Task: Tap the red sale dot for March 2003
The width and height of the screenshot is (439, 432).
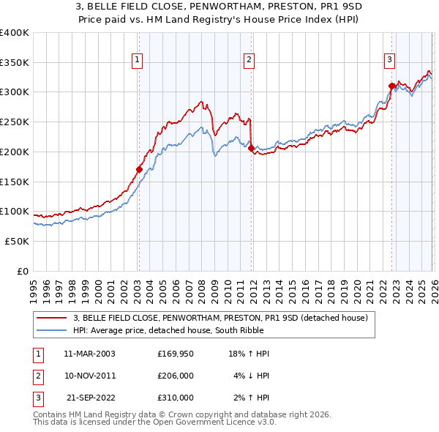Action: click(139, 169)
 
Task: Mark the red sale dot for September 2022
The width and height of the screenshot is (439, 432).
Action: click(391, 86)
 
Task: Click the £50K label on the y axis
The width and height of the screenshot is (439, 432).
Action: click(17, 241)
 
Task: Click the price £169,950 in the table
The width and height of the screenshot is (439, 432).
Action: click(176, 354)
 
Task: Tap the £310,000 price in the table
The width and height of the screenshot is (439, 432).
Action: click(176, 398)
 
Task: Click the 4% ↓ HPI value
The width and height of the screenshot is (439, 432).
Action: click(251, 376)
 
